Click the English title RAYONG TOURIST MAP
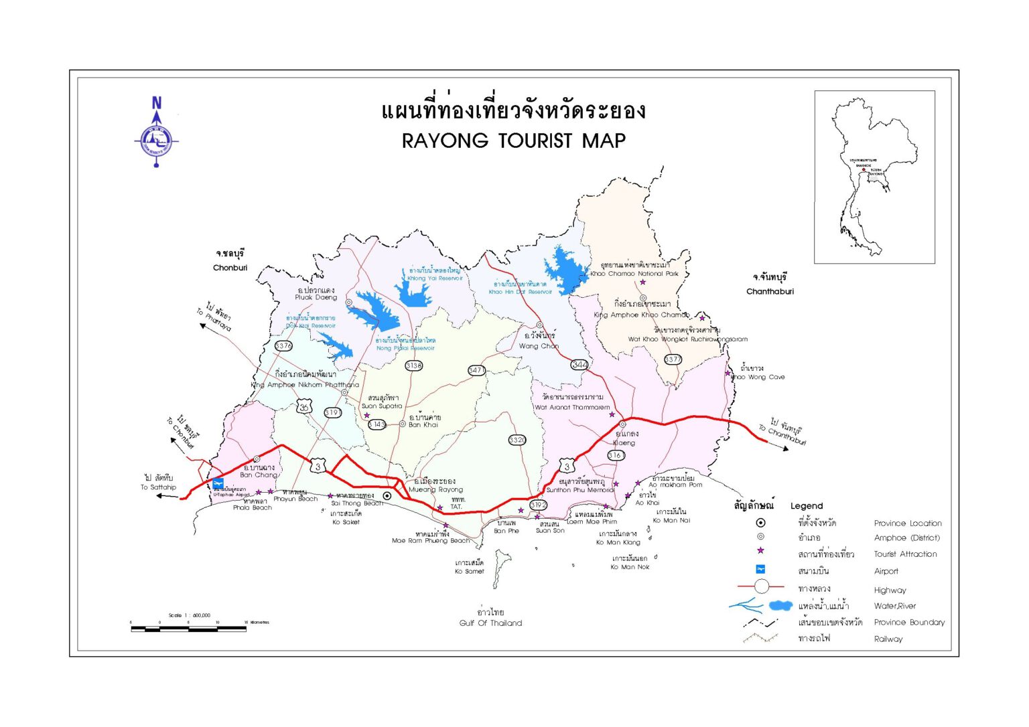(x=513, y=141)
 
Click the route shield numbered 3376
(x=283, y=346)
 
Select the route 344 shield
(x=579, y=365)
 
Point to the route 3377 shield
(x=673, y=359)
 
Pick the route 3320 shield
(x=517, y=440)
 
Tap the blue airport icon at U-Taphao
(x=218, y=483)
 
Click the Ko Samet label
(x=469, y=571)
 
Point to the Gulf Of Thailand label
(x=490, y=623)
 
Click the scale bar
(x=188, y=629)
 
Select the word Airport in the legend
(x=886, y=571)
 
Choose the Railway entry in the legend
(x=888, y=639)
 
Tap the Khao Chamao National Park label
(x=634, y=273)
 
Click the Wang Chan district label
(x=539, y=346)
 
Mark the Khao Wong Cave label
(x=758, y=377)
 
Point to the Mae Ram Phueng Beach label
(x=431, y=540)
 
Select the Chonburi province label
(x=230, y=268)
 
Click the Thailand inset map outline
(x=864, y=177)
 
